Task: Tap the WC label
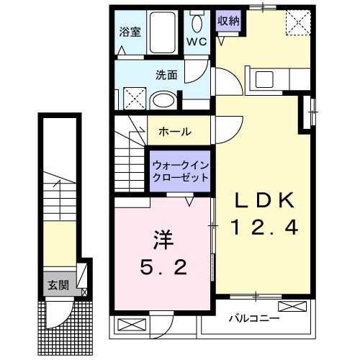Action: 197,42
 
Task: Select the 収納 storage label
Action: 228,20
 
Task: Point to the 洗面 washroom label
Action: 166,73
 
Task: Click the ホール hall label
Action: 175,132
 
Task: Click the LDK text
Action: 263,201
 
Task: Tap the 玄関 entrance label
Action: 58,284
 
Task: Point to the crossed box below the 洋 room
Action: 131,325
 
